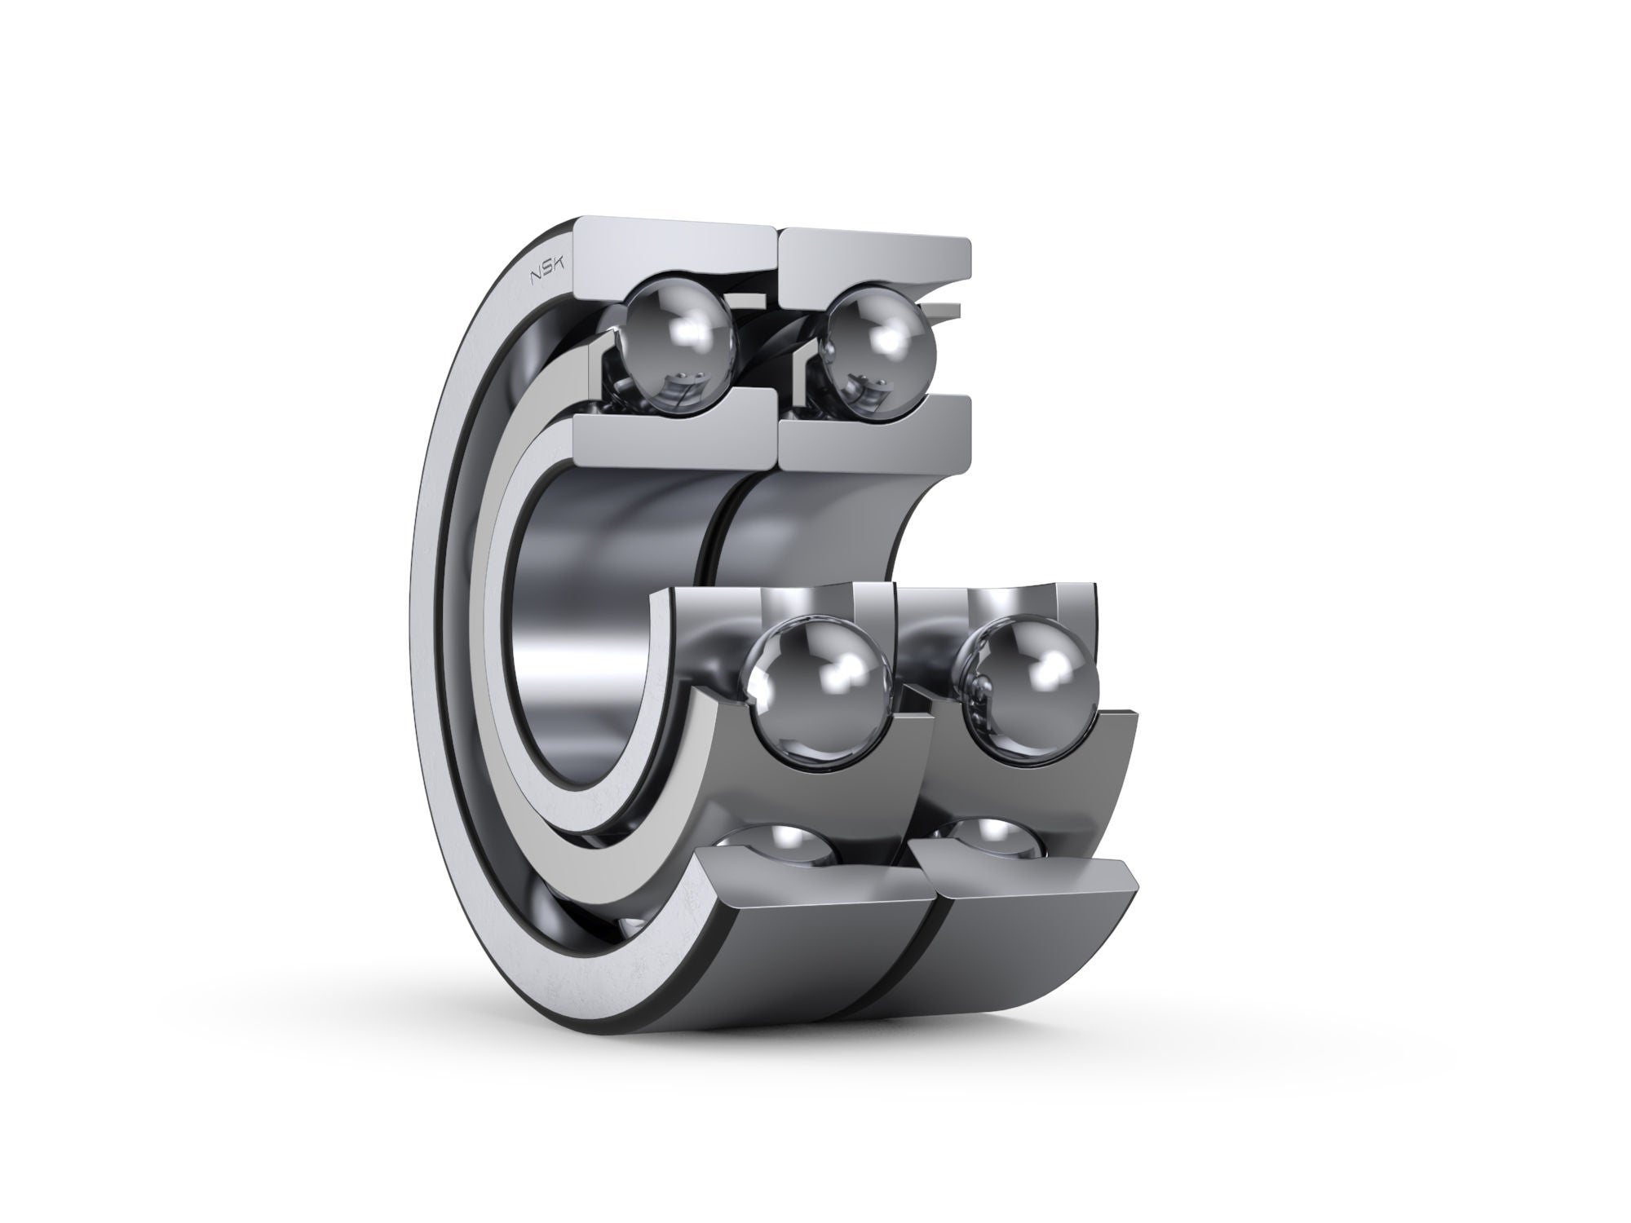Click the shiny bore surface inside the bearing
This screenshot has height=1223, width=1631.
(587, 652)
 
